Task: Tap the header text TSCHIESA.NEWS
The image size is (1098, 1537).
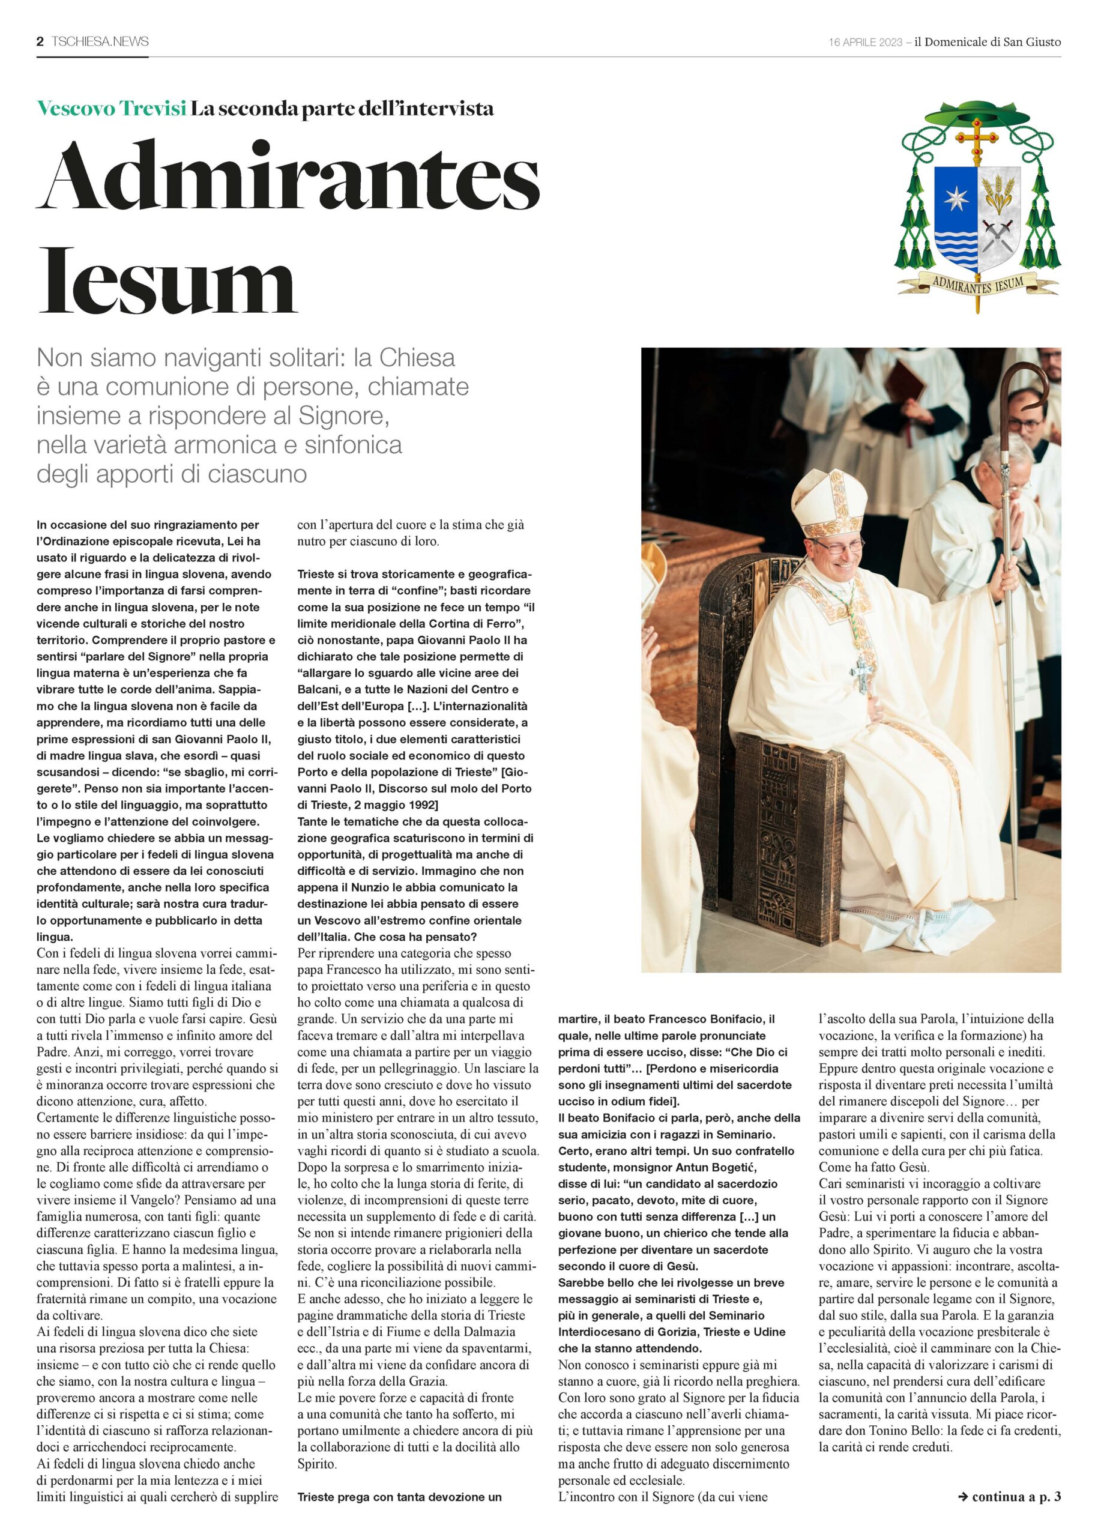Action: pyautogui.click(x=100, y=42)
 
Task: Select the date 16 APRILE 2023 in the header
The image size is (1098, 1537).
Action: pyautogui.click(x=866, y=42)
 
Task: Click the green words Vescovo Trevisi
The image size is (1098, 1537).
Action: pyautogui.click(x=112, y=108)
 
